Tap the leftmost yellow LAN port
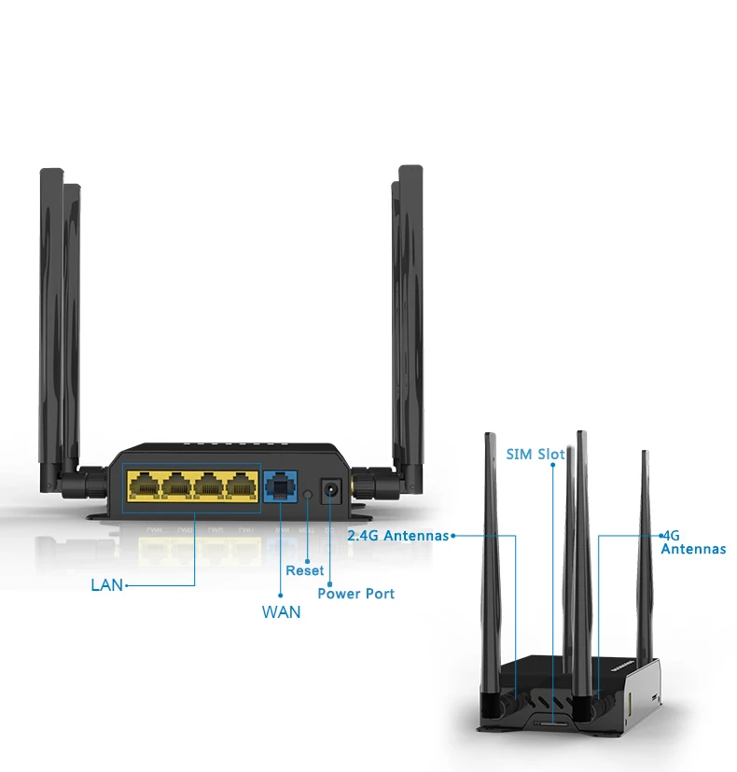pos(144,485)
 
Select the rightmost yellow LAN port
pos(242,485)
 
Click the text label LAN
pos(106,586)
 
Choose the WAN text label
pos(281,613)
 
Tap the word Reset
pos(305,570)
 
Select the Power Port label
pos(356,594)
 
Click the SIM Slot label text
pos(535,455)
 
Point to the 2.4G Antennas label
pos(397,536)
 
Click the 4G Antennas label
pos(692,542)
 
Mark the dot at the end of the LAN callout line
pos(125,586)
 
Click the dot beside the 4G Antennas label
pos(661,536)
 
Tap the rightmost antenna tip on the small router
pos(644,456)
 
